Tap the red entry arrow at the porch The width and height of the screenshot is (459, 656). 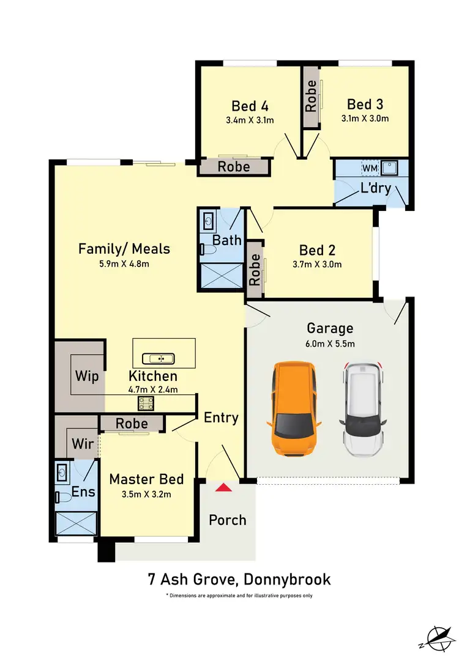pyautogui.click(x=225, y=487)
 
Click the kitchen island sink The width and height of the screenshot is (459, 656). pyautogui.click(x=159, y=358)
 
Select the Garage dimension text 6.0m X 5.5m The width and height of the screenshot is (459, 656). pyautogui.click(x=330, y=344)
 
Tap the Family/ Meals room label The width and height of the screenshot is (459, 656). pyautogui.click(x=124, y=249)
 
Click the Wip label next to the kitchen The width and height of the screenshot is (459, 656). pyautogui.click(x=87, y=376)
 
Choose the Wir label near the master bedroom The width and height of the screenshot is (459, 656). pyautogui.click(x=83, y=443)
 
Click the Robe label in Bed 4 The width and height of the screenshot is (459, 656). pyautogui.click(x=234, y=166)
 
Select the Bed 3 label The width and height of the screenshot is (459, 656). pyautogui.click(x=365, y=103)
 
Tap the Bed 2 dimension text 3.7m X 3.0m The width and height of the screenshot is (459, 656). pyautogui.click(x=316, y=265)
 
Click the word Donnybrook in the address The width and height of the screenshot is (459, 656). pyautogui.click(x=288, y=579)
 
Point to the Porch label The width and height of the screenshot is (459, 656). pyautogui.click(x=228, y=520)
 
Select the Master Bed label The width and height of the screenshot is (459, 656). pyautogui.click(x=146, y=479)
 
